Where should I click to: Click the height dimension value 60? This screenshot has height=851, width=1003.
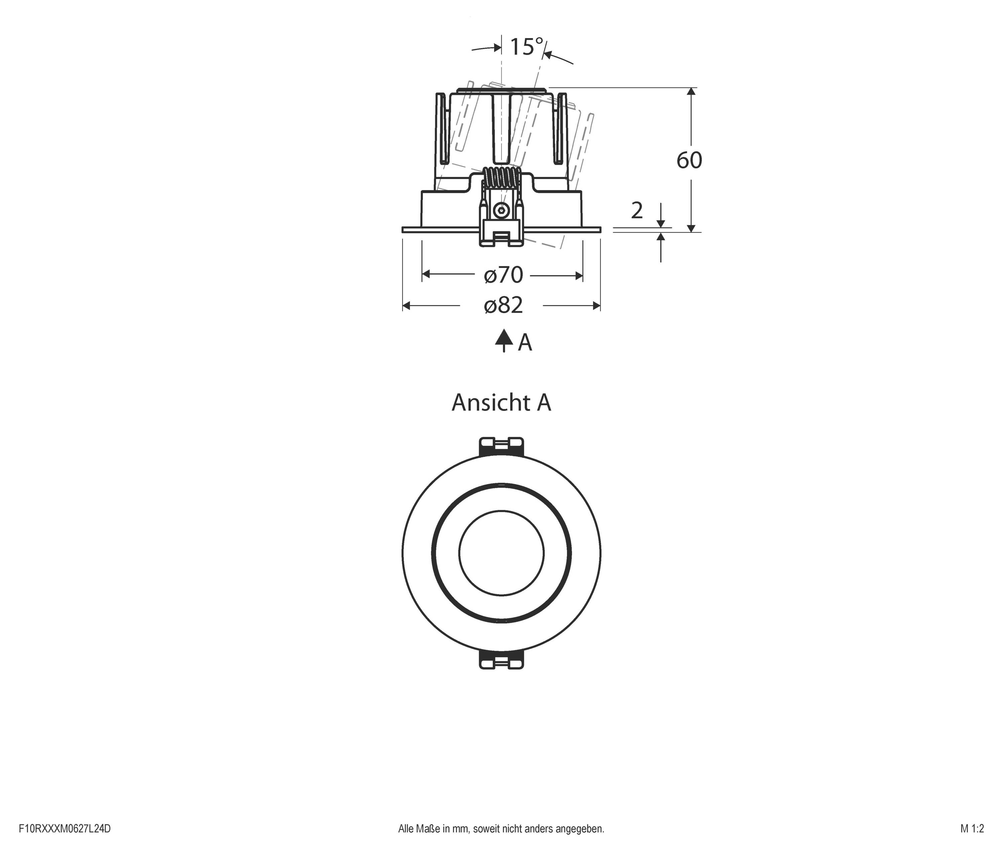point(689,160)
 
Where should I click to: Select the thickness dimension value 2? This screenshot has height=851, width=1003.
point(637,211)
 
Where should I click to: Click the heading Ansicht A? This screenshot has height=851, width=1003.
point(501,403)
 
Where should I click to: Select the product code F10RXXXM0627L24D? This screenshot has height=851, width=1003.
point(65,829)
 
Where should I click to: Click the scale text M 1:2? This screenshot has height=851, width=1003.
point(972,829)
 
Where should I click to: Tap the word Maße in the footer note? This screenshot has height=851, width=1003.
point(428,829)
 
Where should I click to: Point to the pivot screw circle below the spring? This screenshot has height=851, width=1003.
point(501,210)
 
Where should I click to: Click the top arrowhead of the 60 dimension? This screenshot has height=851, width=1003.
point(691,92)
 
